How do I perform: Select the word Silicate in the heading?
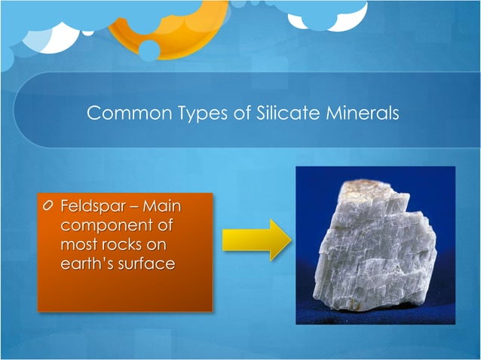coord(281,114)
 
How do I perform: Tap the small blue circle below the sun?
coord(149,50)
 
